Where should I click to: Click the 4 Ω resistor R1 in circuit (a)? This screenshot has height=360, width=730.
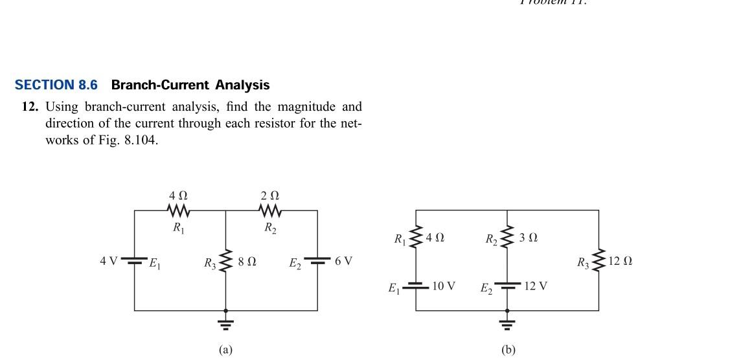coord(178,210)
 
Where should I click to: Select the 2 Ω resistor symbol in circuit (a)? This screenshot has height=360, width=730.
coord(269,210)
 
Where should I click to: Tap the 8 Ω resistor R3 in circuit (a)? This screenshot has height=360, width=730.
coord(225,262)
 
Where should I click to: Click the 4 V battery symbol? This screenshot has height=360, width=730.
coord(134,262)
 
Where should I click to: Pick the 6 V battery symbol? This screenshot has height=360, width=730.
coord(317,262)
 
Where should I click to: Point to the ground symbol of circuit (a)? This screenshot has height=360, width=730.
coord(225,322)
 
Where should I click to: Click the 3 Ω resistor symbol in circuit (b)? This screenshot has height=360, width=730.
coord(507,238)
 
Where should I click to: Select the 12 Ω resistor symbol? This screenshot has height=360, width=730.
coord(599,261)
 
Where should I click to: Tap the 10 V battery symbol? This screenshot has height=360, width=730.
coord(415,286)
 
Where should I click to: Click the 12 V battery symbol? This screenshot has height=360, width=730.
coord(507,286)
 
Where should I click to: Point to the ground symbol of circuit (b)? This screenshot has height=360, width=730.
coord(507,322)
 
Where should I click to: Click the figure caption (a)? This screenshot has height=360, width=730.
coord(225,350)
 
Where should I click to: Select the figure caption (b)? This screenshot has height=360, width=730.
coord(508,350)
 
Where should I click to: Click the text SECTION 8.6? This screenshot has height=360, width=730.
coord(56,85)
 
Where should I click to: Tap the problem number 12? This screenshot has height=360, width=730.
coord(30,106)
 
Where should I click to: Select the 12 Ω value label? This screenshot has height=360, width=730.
coord(621,261)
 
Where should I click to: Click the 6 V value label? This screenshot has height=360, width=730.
coord(343,261)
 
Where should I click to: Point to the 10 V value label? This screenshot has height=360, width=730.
coord(444,286)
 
